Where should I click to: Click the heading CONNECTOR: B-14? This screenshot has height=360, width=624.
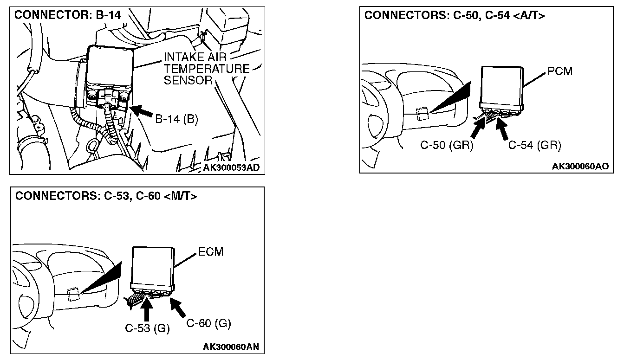(x=68, y=15)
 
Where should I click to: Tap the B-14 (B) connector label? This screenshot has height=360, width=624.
(x=176, y=119)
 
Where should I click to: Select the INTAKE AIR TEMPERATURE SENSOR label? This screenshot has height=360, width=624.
(x=206, y=69)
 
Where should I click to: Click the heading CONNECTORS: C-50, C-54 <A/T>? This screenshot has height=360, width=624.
(x=455, y=15)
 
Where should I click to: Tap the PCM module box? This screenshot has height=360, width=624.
(x=502, y=86)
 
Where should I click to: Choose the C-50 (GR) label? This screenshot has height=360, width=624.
(x=447, y=145)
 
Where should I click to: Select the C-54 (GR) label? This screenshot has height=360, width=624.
(x=534, y=145)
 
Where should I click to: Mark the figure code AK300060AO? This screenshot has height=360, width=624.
(x=580, y=166)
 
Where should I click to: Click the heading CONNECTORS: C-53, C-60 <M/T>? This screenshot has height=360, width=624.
(x=106, y=196)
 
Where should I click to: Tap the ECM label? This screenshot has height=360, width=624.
(x=211, y=252)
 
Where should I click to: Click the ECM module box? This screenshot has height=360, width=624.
(x=153, y=266)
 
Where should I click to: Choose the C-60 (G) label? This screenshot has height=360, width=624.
(x=208, y=323)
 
